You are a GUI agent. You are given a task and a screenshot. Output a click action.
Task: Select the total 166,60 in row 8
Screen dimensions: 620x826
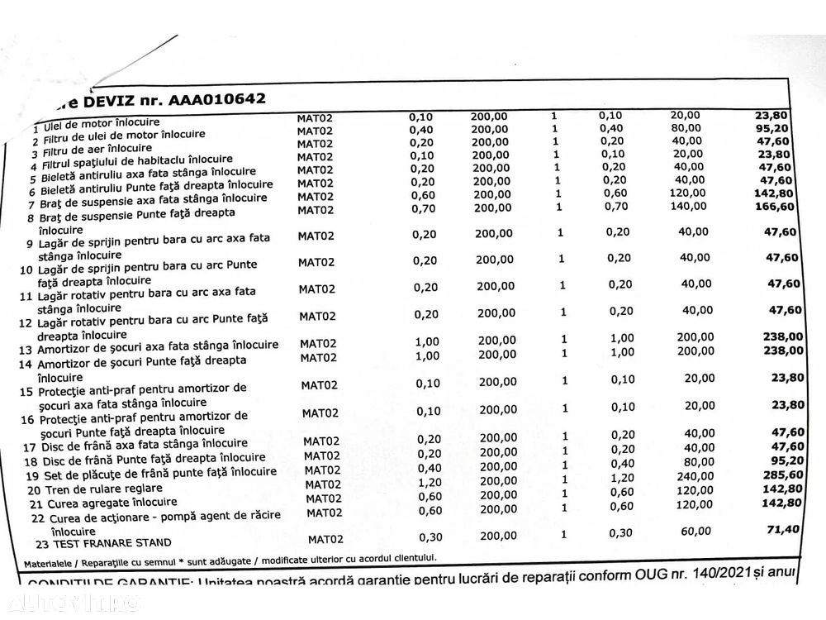tap(774, 206)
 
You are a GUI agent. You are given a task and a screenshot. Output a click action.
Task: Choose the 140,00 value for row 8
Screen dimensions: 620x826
tap(688, 206)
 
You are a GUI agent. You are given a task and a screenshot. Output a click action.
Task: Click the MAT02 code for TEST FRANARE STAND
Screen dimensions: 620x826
tap(325, 539)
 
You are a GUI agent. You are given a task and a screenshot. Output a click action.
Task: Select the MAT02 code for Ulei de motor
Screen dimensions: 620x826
tap(315, 117)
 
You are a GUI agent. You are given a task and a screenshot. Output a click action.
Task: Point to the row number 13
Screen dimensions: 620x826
tap(26, 351)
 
